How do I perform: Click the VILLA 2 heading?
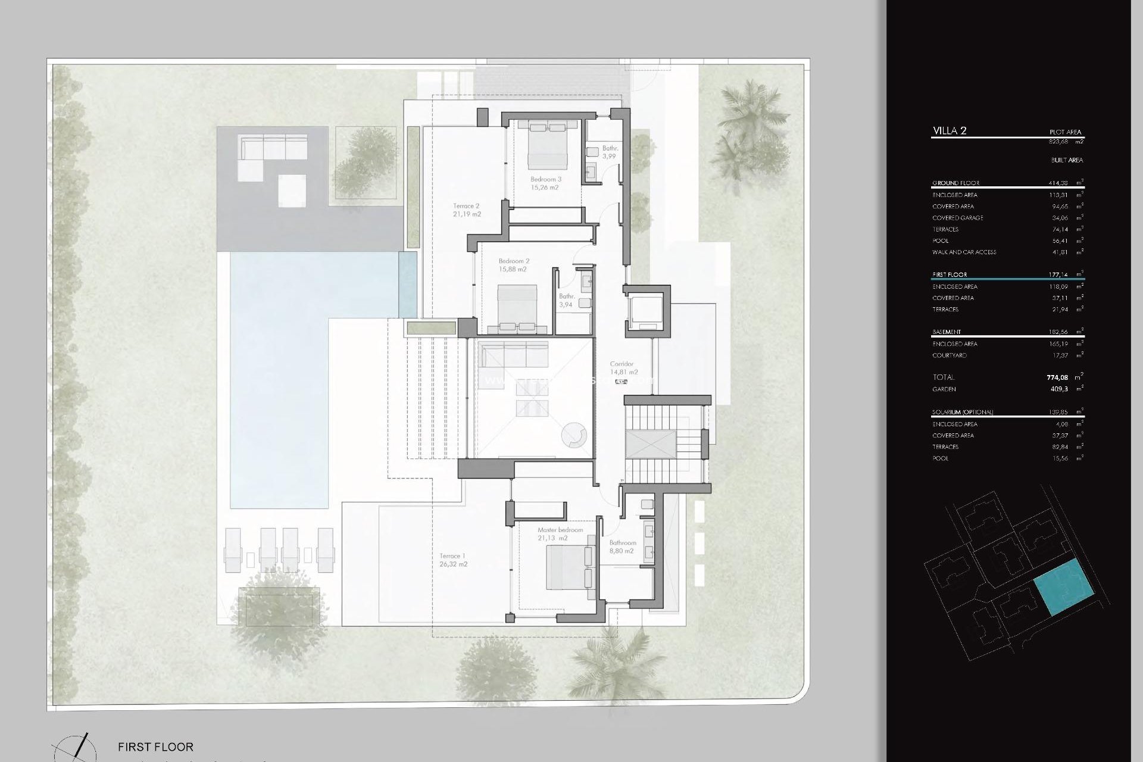950,131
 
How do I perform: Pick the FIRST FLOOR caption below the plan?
155,747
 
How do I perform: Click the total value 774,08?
1057,377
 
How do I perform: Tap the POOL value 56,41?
1059,241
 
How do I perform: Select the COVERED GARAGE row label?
957,218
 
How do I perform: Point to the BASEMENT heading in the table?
947,332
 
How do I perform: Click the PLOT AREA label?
1065,132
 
